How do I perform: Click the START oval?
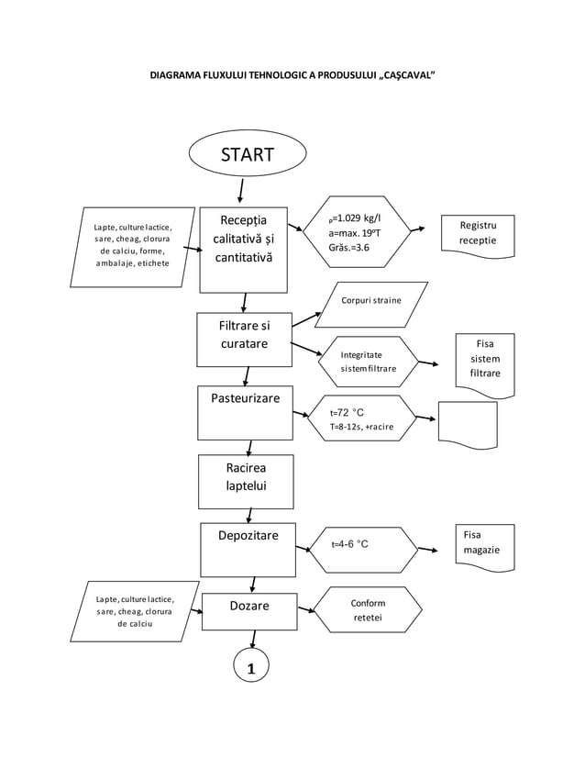pos(247,154)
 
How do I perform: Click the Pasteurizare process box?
pos(246,411)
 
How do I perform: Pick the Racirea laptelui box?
pos(246,481)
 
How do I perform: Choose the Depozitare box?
pos(248,549)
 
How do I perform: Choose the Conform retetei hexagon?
pos(368,610)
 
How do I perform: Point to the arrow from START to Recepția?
pos(241,190)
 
